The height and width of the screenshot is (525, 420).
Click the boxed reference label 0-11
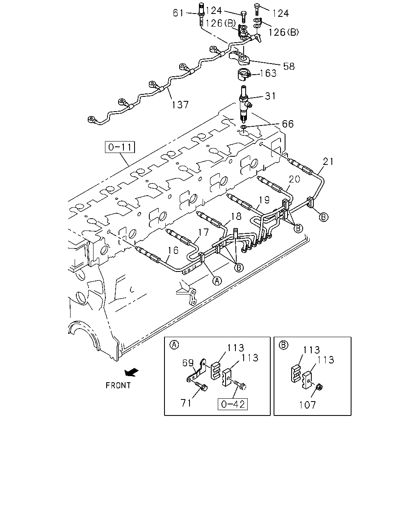coord(120,147)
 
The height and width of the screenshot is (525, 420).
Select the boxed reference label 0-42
coord(233,404)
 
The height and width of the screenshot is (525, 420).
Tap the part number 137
coord(180,105)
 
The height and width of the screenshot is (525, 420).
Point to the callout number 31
coord(270,96)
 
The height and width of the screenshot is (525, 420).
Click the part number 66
coord(288,124)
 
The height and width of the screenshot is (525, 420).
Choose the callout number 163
coord(268,73)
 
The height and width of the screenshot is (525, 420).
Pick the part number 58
coord(289,66)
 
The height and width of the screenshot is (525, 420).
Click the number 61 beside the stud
coord(178,13)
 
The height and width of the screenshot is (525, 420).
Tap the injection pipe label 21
coord(328,162)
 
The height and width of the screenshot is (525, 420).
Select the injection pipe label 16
coord(173,250)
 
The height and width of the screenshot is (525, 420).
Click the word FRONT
coord(118,386)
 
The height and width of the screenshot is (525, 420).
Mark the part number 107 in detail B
coord(308,405)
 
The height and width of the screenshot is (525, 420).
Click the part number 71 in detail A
coord(186,403)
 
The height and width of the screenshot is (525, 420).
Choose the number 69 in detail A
coord(188,363)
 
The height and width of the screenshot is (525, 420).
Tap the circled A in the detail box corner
coord(174,345)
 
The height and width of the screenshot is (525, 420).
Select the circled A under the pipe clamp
coord(217,281)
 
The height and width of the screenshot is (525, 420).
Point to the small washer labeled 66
coord(244,127)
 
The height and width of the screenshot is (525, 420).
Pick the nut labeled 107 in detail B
coord(318,387)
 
